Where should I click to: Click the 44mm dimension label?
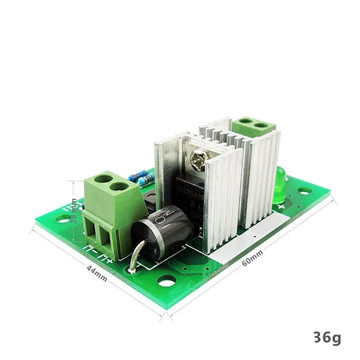click(x=96, y=271)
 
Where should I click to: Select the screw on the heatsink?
click(x=200, y=160)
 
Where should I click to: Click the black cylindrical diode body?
click(x=160, y=227)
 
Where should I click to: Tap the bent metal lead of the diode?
click(x=133, y=257)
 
